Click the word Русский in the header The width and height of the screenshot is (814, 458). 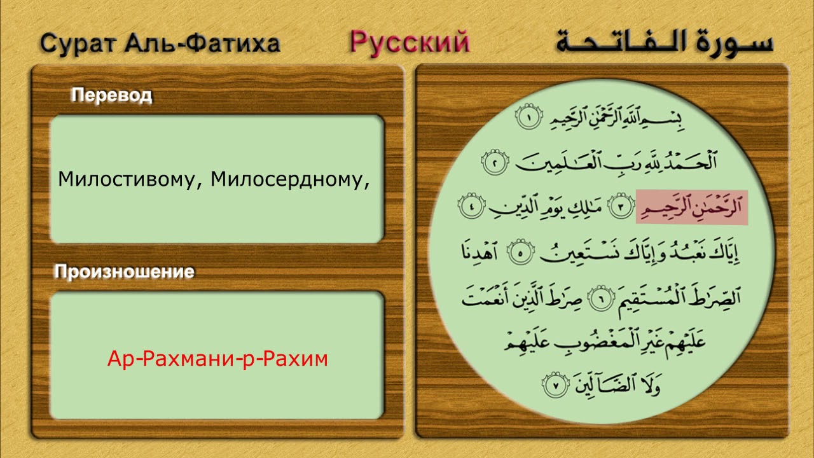(410, 43)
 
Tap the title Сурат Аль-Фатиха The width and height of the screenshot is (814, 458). (160, 43)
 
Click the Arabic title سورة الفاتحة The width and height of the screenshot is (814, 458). (664, 42)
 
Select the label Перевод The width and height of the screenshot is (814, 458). (111, 95)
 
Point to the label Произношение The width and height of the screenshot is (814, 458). (124, 272)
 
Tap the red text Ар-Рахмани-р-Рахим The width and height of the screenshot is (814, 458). (217, 359)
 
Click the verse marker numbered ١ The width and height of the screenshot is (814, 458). (527, 118)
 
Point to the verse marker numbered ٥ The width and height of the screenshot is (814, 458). (518, 254)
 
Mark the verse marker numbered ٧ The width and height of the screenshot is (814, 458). (553, 384)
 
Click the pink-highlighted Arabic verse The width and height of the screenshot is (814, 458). (691, 207)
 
